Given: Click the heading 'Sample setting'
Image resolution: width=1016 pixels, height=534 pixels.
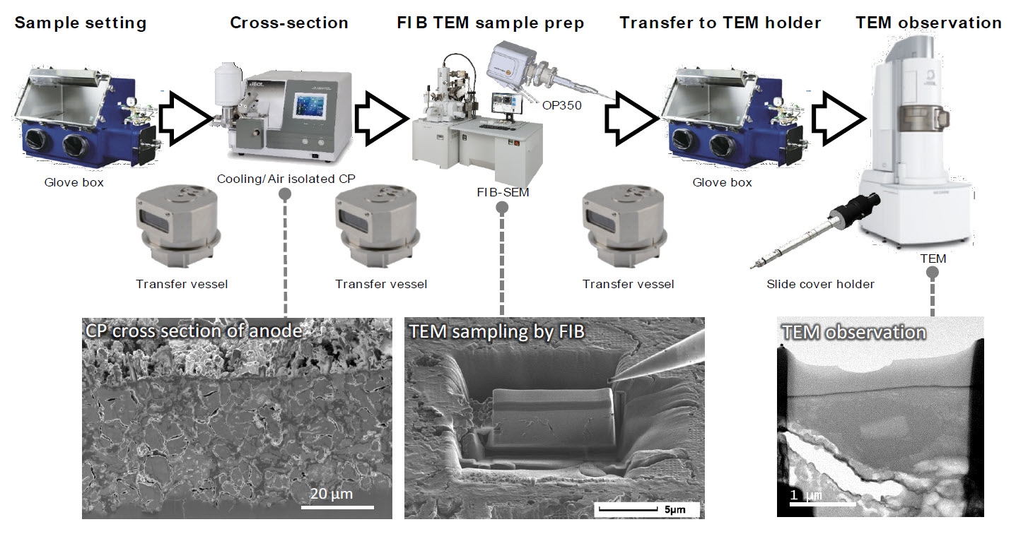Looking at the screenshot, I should click(81, 23).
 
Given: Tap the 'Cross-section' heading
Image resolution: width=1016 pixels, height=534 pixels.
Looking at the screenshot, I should click(289, 23).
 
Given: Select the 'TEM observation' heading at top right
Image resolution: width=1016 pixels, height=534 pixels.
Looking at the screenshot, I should click(928, 23).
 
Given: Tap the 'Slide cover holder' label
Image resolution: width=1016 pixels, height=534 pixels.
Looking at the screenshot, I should click(820, 284).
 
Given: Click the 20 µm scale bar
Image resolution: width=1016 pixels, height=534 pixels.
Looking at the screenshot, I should click(337, 506).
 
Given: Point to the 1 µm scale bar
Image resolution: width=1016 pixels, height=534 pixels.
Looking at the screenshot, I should click(805, 504).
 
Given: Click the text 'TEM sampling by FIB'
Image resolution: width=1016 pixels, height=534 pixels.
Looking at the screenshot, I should click(496, 331).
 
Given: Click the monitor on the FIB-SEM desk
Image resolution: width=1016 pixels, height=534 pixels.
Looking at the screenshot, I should click(506, 102).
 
